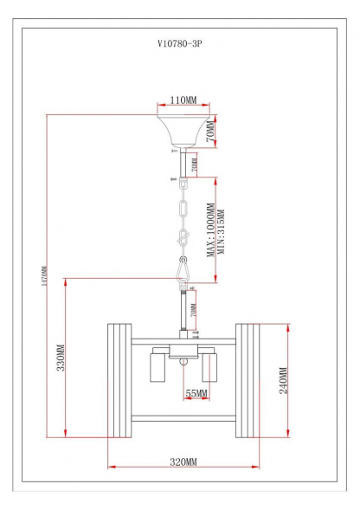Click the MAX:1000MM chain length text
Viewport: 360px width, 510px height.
(x=210, y=230)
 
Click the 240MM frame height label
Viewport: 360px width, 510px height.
(x=283, y=380)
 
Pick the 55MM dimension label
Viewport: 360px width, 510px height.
(x=196, y=394)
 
